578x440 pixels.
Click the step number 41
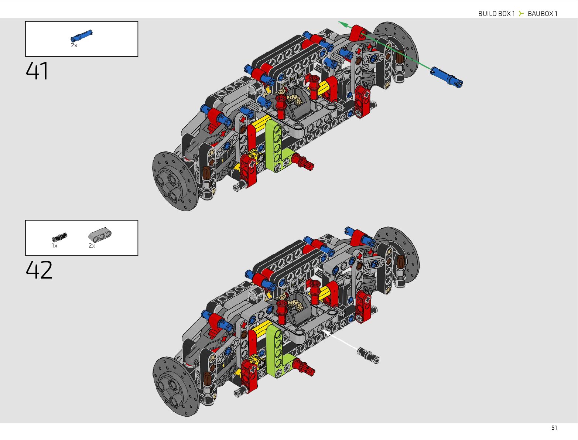pyautogui.click(x=37, y=71)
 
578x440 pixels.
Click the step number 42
pyautogui.click(x=39, y=270)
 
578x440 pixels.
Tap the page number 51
pyautogui.click(x=554, y=428)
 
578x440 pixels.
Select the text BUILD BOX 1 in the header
pyautogui.click(x=496, y=14)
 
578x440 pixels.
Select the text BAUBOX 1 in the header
pyautogui.click(x=542, y=14)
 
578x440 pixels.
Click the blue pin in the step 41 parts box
pyautogui.click(x=82, y=35)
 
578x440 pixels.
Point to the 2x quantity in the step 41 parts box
pyautogui.click(x=74, y=45)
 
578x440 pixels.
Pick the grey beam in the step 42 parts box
pyautogui.click(x=100, y=235)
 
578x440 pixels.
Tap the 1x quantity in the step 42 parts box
pyautogui.click(x=54, y=246)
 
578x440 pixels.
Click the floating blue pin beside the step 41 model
pyautogui.click(x=447, y=77)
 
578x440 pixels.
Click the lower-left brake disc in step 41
pyautogui.click(x=174, y=181)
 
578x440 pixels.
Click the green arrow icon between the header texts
pyautogui.click(x=521, y=14)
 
